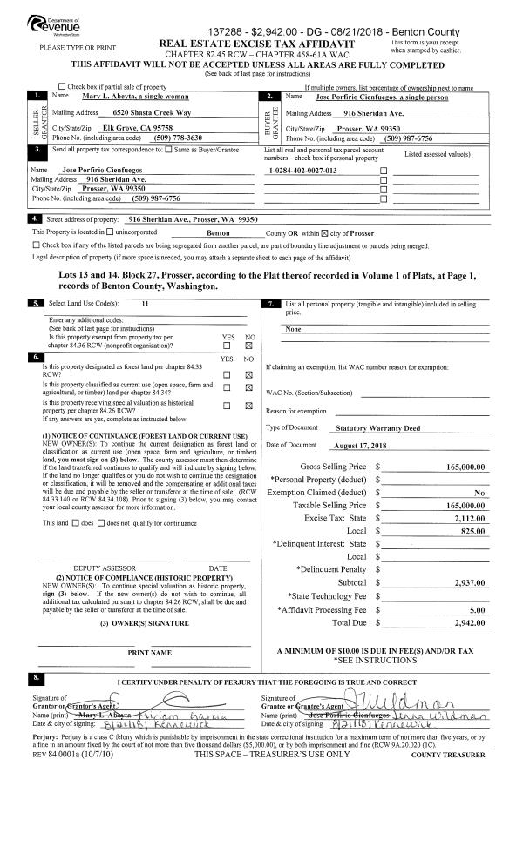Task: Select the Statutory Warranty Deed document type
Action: click(x=377, y=428)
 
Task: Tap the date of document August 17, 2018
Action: click(x=360, y=445)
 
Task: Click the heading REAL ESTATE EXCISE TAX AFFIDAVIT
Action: click(x=274, y=43)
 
